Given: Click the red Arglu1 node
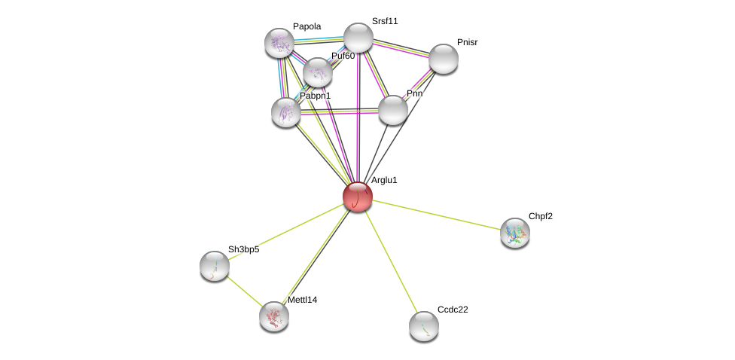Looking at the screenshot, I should click(358, 197).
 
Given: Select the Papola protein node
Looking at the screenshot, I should click(279, 43).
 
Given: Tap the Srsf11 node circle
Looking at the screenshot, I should click(358, 38).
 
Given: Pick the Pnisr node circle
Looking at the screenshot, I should click(444, 59).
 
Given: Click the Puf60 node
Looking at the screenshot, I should click(318, 72).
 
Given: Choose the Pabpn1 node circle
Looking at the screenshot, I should click(286, 112).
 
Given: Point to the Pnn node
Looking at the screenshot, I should click(393, 110).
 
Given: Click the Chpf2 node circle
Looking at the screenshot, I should click(515, 233).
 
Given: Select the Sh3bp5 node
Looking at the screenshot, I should click(215, 266).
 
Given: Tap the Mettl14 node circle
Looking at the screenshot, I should click(274, 316).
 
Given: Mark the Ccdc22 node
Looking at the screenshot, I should click(424, 326).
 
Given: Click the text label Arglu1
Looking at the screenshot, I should click(384, 180).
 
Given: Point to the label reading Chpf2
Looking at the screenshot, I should click(540, 216).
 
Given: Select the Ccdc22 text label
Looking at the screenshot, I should click(452, 310).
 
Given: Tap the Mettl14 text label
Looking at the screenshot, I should click(302, 300).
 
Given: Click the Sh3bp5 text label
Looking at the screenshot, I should click(243, 249).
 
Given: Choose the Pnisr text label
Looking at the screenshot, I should click(467, 42).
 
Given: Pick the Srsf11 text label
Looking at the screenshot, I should click(385, 21).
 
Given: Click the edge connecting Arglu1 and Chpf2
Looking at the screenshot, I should click(437, 215).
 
